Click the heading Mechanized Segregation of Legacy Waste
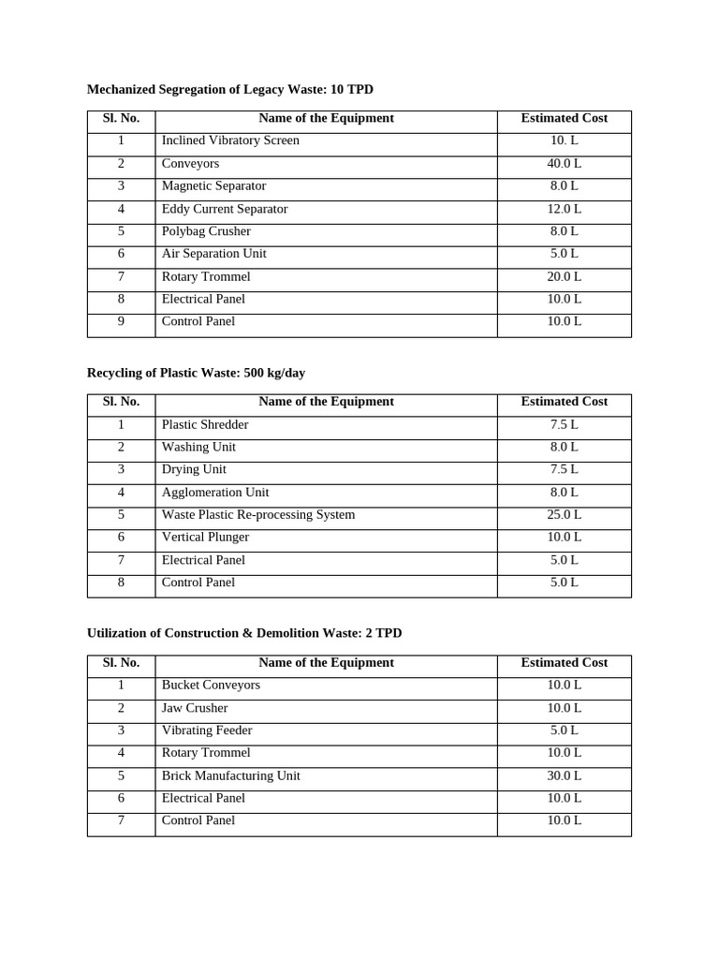229,89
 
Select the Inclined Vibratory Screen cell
230,140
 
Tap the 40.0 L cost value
564,163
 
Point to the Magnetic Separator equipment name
213,185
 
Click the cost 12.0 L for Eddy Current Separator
564,209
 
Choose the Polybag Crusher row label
206,231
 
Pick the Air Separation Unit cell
213,254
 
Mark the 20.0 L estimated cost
564,276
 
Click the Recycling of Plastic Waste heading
196,373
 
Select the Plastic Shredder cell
205,424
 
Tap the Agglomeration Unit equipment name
215,492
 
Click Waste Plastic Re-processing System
258,514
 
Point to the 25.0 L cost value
564,514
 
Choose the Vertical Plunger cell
205,537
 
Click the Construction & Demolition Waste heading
243,633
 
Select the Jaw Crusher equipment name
195,708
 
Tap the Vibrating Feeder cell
207,730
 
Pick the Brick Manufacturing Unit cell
230,775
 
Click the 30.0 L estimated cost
564,775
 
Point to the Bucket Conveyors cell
211,685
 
